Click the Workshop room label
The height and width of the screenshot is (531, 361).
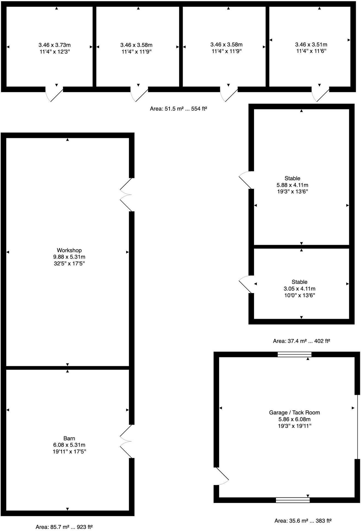69,250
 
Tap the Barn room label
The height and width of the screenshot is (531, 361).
69,438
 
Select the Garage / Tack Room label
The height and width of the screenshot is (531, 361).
294,412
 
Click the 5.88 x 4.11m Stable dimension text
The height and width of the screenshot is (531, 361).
292,185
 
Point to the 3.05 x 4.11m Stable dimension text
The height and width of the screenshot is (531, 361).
299,288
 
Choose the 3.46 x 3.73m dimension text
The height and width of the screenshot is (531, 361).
54,45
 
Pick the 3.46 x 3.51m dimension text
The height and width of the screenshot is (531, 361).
311,44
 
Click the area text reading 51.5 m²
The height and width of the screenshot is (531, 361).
178,109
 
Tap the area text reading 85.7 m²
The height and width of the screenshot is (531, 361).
64,527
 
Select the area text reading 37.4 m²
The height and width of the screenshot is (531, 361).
301,341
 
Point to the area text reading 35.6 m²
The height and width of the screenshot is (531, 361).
303,521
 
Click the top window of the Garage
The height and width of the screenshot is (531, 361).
295,355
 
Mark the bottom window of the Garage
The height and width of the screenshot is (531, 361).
293,500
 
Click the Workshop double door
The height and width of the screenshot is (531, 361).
126,195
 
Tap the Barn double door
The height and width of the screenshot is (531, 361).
126,441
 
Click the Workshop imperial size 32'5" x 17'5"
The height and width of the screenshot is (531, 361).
69,264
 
